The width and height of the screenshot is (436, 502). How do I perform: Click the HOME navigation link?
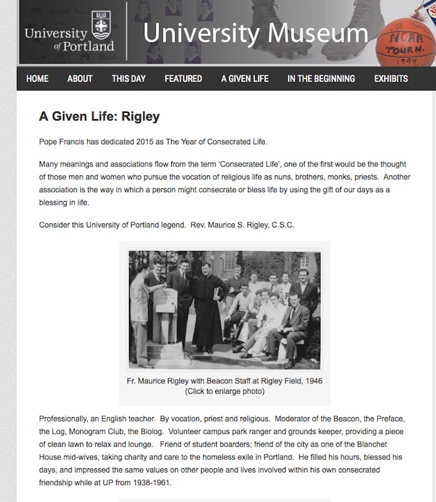tap(37, 78)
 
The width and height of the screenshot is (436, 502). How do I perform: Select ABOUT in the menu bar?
tap(80, 78)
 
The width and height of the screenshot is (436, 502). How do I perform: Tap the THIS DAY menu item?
tap(129, 78)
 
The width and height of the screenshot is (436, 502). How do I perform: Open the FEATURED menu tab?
tap(183, 78)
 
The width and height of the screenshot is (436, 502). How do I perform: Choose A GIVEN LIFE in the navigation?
tap(245, 78)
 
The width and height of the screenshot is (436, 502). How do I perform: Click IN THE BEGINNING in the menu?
tap(321, 78)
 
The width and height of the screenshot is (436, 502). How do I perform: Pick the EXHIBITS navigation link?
tap(391, 78)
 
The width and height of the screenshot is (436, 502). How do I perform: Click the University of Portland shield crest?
tap(101, 25)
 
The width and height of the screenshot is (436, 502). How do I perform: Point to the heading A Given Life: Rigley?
tap(99, 117)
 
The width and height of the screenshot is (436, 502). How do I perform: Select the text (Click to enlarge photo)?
tap(225, 391)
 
